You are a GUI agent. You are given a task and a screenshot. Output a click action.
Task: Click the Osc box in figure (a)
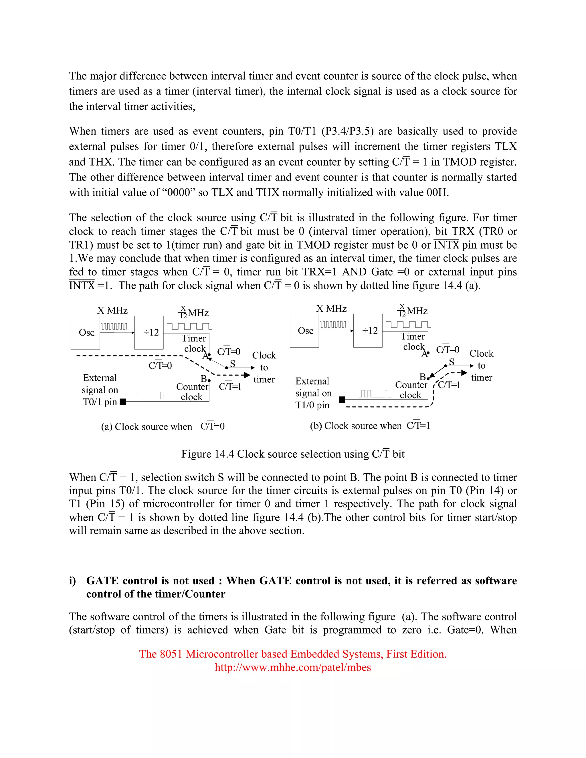[85, 332]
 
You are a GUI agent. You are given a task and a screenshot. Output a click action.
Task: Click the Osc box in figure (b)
[304, 330]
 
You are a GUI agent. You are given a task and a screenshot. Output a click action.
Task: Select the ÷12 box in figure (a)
[149, 332]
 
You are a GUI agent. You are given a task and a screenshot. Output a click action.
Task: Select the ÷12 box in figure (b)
[368, 330]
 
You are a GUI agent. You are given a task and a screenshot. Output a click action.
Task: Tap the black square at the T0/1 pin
[122, 402]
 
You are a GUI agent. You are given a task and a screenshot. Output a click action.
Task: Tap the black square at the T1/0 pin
[342, 400]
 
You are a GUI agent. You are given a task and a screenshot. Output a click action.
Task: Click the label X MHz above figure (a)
[112, 310]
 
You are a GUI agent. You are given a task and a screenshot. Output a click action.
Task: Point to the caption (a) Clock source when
[146, 426]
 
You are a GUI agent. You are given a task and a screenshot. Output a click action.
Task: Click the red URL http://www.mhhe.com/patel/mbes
[293, 667]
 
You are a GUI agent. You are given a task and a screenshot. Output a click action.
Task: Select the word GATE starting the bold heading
[103, 581]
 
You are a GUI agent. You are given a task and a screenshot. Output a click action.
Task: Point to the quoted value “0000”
[179, 192]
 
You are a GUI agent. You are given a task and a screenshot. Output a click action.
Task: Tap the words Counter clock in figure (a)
[192, 392]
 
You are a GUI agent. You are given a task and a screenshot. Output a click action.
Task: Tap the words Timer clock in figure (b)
[413, 342]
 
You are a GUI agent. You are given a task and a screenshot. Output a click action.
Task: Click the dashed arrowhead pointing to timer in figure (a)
[247, 375]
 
